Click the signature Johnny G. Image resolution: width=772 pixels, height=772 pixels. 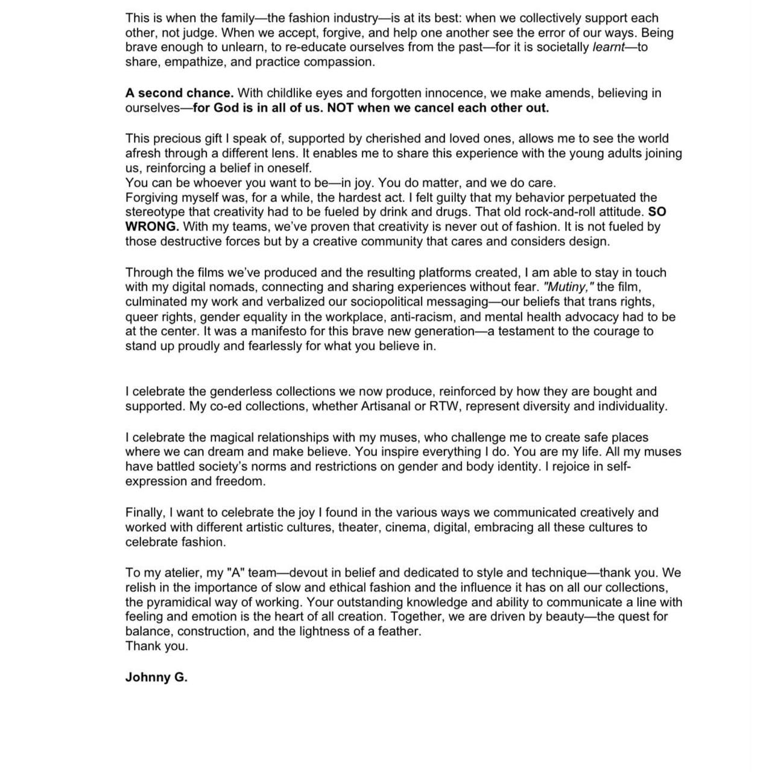click(156, 677)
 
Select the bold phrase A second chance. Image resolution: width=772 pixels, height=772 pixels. click(179, 93)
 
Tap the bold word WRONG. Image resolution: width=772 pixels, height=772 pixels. click(152, 227)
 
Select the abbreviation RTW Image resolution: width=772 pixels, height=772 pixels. click(443, 407)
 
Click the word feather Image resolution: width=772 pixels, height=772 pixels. click(398, 631)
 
